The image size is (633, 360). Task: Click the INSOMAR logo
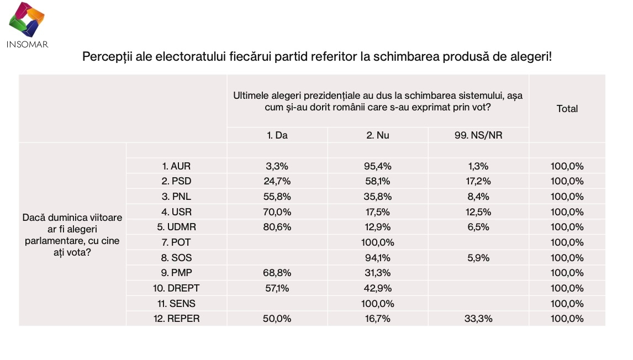(x=27, y=25)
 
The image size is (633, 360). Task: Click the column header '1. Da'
(x=277, y=135)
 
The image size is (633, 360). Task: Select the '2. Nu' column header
(x=378, y=135)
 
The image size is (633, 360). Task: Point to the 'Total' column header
(x=567, y=109)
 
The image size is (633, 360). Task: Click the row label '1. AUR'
(x=176, y=166)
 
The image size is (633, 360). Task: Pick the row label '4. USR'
(x=176, y=212)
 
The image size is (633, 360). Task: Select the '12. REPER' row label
(x=176, y=319)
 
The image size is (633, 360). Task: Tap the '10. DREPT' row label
(x=176, y=288)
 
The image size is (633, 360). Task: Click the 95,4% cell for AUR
(x=378, y=166)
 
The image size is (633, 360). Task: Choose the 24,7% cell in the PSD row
(x=277, y=181)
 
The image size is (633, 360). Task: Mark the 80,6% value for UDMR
(x=277, y=227)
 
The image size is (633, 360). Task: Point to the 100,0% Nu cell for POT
(x=378, y=242)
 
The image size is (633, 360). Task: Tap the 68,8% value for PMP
(x=277, y=273)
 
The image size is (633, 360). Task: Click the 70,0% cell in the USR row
(x=277, y=212)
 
